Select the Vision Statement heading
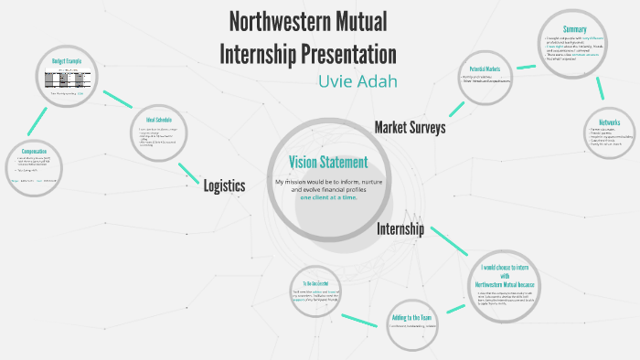pos(328,163)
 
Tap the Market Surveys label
pos(410,127)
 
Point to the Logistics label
pos(224,185)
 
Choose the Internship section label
pos(400,229)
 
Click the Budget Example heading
pos(67,60)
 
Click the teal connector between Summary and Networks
pos(602,87)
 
